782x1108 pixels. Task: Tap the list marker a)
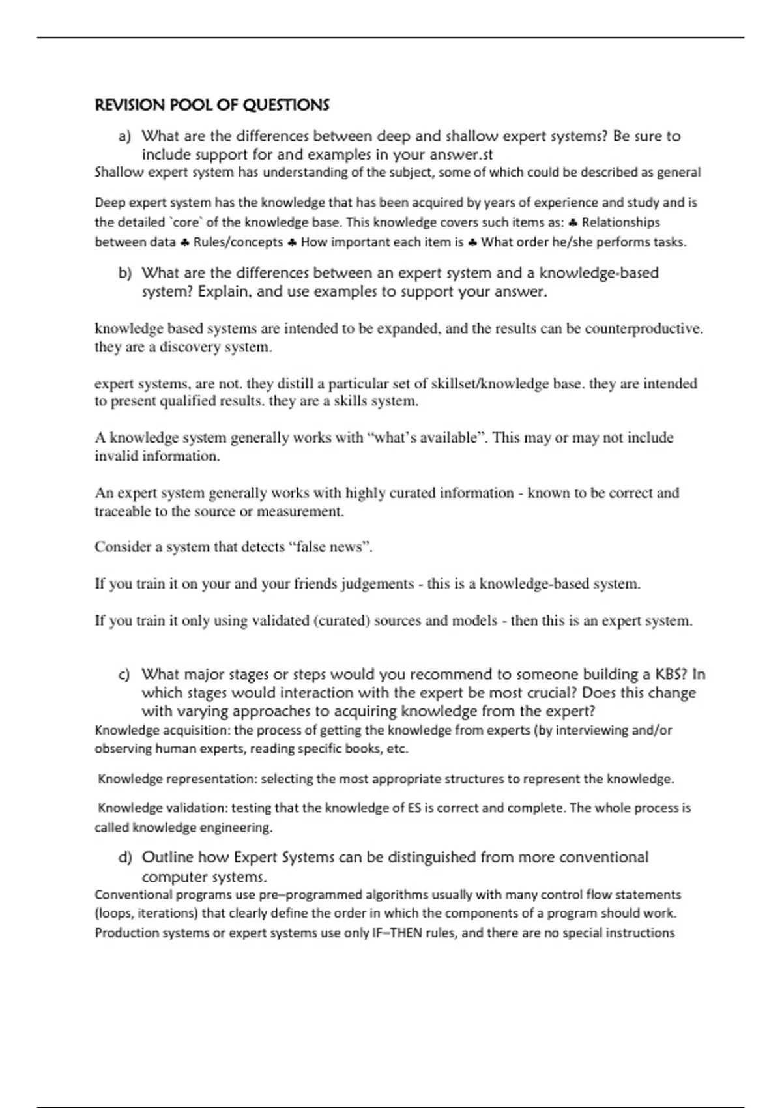(124, 137)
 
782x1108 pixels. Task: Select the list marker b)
(124, 273)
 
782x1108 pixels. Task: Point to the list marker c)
(124, 675)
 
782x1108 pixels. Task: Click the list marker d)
(124, 858)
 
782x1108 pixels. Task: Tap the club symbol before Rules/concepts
(184, 242)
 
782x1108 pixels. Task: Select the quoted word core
(187, 222)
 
